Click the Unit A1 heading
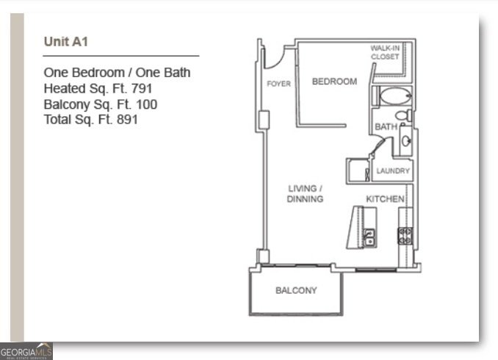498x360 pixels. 66,42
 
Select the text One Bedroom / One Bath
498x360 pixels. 117,73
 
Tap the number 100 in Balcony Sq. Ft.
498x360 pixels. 147,104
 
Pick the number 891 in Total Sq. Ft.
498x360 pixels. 128,119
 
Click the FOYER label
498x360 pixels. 278,84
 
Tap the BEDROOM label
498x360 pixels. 334,82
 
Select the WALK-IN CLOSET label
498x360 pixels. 385,51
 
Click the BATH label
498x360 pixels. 386,127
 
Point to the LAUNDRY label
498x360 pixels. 393,171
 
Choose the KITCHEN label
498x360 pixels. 385,199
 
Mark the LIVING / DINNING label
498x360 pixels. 305,194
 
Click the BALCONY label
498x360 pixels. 296,290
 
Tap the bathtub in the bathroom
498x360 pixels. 396,96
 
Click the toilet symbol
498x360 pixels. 403,115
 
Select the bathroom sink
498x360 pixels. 405,140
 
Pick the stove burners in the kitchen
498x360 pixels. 405,236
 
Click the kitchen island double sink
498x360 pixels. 370,237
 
